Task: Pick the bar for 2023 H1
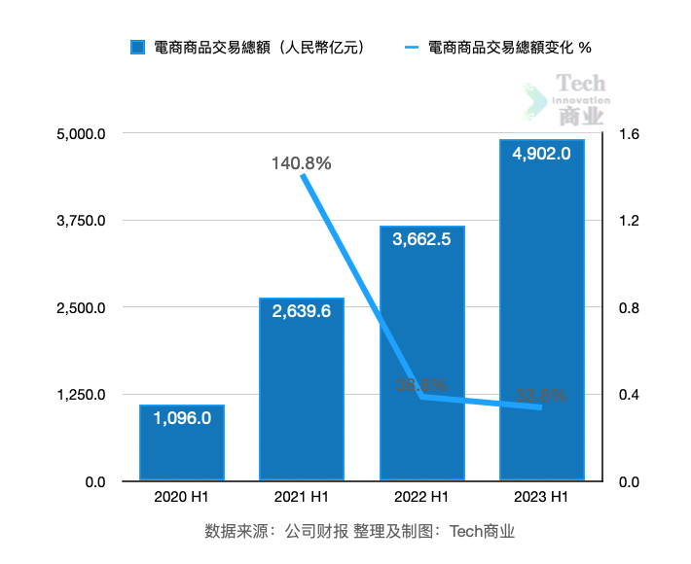[541, 311]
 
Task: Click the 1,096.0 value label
[182, 418]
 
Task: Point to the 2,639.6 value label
[302, 311]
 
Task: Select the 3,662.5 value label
[421, 239]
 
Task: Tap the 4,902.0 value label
[541, 153]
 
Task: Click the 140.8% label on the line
[301, 163]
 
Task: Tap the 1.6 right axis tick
[629, 133]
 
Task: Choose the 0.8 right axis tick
[629, 308]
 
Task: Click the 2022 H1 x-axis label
[421, 498]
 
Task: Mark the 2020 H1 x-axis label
[182, 498]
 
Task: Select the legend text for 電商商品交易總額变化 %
[509, 47]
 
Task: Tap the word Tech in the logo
[581, 84]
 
